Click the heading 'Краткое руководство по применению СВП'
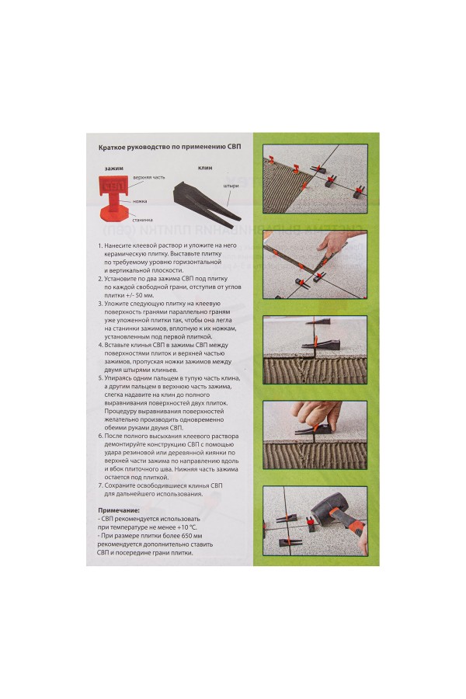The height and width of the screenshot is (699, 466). [169, 147]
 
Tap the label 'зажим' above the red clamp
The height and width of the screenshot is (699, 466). [114, 168]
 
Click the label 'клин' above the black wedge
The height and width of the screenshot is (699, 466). [205, 168]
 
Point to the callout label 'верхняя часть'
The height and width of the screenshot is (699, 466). [149, 177]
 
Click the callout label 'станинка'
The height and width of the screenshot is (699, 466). [143, 220]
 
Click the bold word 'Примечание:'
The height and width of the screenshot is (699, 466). [118, 510]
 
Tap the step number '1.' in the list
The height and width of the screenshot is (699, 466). [100, 245]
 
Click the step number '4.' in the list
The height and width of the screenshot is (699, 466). [100, 345]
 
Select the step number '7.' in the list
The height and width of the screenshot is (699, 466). [100, 485]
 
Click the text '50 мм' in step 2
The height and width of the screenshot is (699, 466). [144, 296]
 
